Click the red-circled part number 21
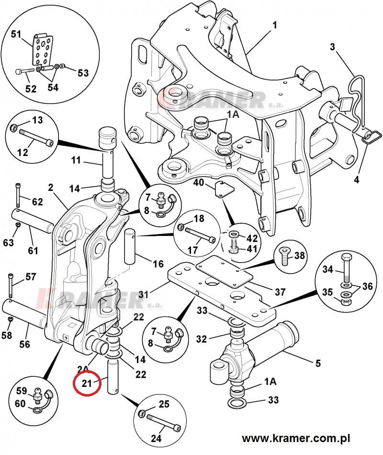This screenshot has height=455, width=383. (x=87, y=383)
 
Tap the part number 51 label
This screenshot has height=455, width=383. (x=16, y=35)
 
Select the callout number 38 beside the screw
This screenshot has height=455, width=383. (x=299, y=256)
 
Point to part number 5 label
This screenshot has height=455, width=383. (x=318, y=363)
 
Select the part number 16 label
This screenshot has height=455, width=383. (x=158, y=264)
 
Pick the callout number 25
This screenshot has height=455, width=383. (x=164, y=404)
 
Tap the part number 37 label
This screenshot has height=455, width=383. (x=280, y=292)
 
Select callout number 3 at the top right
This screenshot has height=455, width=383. (x=332, y=47)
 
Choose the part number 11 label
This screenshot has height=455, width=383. (x=76, y=160)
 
